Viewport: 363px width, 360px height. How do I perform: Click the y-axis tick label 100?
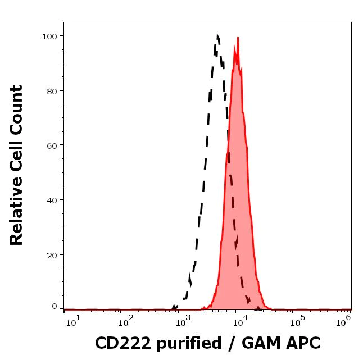[49, 36]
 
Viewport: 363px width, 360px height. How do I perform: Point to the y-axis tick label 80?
[52, 90]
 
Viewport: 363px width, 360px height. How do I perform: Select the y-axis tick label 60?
[52, 145]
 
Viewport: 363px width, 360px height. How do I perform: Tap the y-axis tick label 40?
[52, 199]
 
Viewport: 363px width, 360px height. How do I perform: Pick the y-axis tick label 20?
[52, 254]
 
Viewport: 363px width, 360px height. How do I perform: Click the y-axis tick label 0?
[55, 307]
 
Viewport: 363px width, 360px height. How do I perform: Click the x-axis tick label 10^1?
[74, 320]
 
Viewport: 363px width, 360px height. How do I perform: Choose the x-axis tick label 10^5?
[294, 320]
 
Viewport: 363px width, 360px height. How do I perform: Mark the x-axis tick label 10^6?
[343, 320]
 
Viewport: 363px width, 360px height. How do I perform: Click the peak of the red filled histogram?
[238, 38]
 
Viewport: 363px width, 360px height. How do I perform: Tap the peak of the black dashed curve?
[217, 36]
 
